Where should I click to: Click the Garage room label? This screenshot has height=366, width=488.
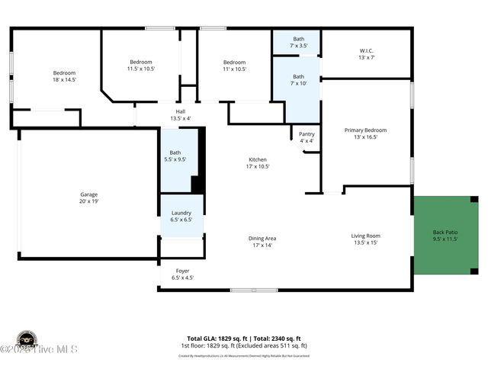89,194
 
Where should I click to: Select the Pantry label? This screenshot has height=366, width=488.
307,134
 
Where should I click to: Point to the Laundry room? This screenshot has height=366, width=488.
181,216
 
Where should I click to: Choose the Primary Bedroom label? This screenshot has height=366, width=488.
365,130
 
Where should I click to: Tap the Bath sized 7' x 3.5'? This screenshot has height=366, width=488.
298,42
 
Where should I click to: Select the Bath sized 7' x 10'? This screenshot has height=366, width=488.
298,79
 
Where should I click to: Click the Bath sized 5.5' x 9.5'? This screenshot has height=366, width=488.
175,156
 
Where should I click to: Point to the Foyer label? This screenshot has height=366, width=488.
182,271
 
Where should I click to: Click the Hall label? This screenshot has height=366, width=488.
181,111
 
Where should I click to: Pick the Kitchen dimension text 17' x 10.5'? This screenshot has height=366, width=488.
258,166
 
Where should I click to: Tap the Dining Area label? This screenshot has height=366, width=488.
262,239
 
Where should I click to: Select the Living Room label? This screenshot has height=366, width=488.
365,236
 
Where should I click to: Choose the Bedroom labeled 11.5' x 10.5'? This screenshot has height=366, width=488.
140,65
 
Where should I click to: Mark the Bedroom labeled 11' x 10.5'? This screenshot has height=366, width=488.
234,66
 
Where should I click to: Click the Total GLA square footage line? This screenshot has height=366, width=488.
244,338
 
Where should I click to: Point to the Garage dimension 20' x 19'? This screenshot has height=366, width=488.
89,201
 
